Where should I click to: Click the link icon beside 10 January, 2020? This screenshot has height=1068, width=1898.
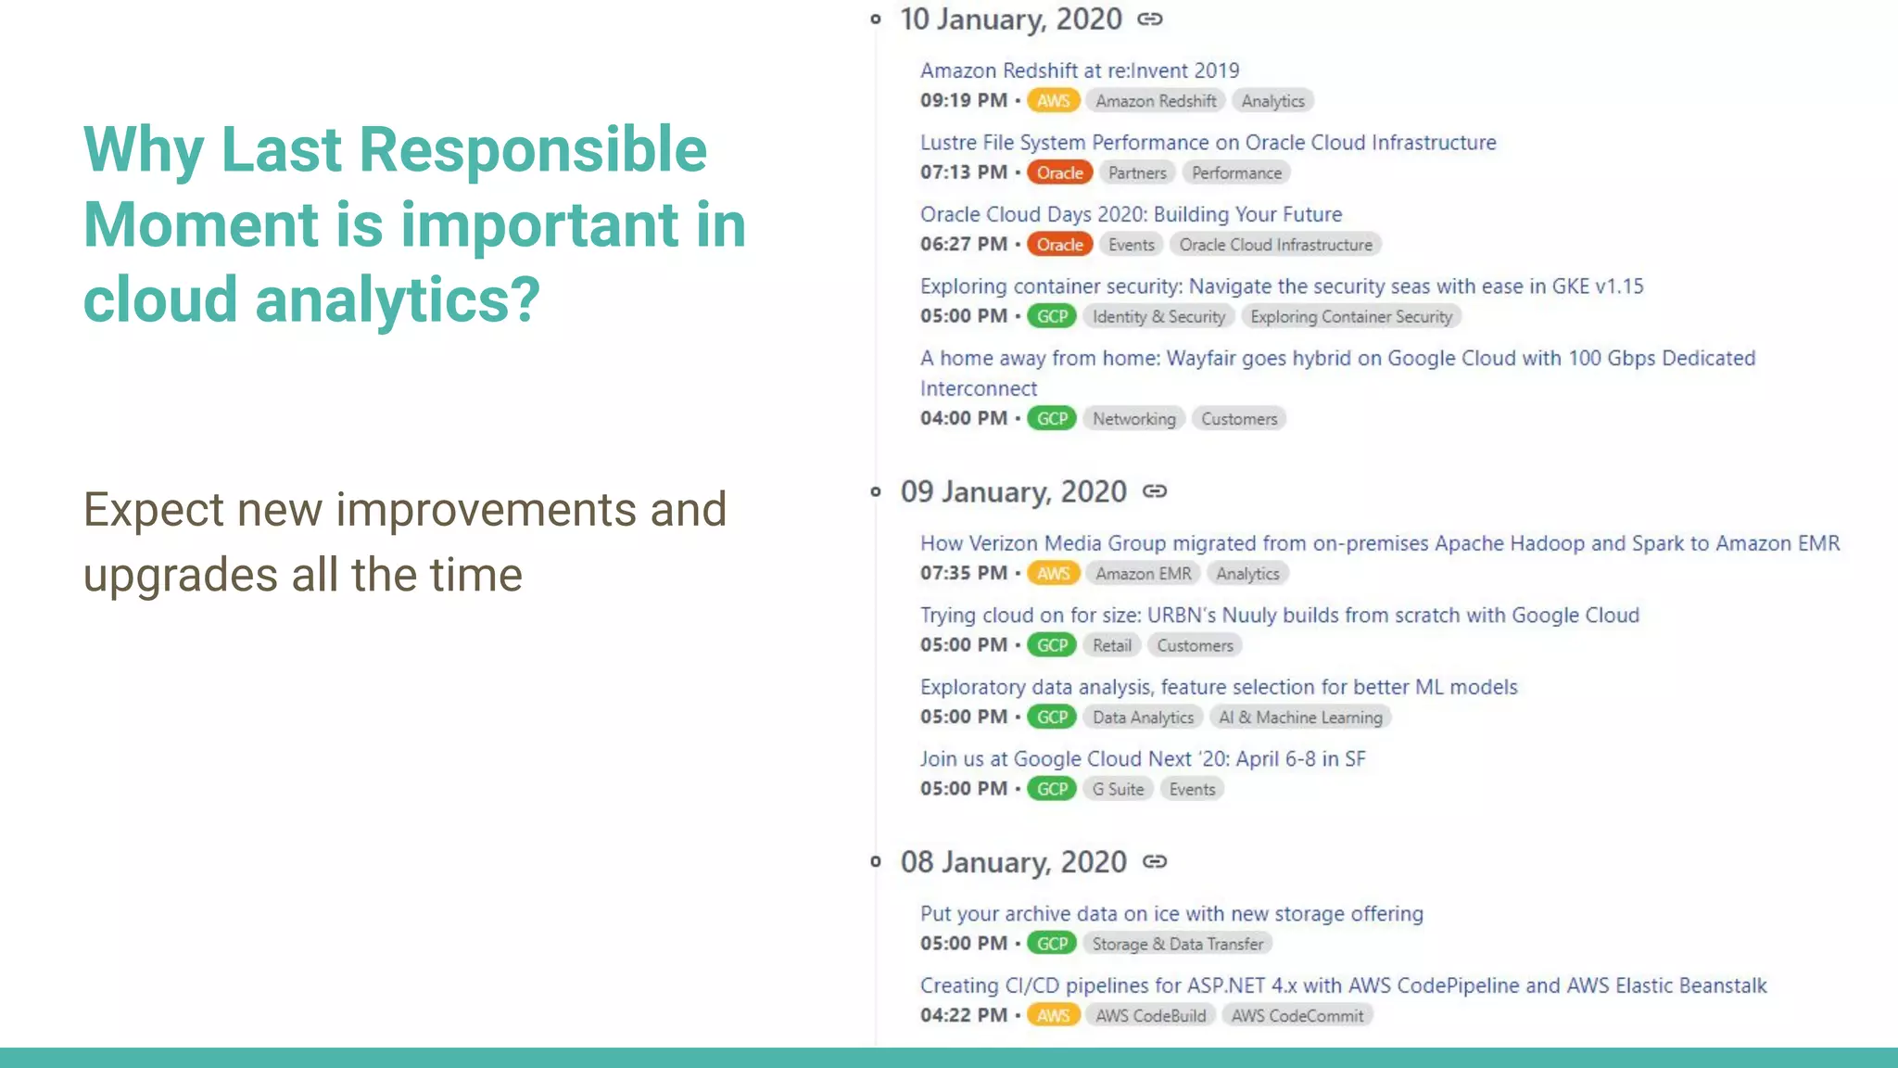[1150, 19]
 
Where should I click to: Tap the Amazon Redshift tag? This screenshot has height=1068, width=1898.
[1156, 101]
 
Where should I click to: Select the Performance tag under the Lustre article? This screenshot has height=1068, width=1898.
[1236, 173]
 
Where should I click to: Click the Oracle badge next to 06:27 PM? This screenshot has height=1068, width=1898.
[1059, 245]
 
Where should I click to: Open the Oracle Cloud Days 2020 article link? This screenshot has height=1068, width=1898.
[1131, 215]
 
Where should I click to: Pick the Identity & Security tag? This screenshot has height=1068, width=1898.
[1158, 317]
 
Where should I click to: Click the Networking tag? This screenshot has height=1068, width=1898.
[1133, 419]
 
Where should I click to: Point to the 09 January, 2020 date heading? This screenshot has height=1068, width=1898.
[1013, 492]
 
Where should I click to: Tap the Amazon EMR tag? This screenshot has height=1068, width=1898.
[1143, 574]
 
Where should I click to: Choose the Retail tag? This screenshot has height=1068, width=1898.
[1111, 646]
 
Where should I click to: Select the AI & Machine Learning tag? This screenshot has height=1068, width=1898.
[1300, 718]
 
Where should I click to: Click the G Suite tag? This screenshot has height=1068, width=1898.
[1118, 790]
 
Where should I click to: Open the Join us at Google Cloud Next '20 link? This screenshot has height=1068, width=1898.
[1142, 759]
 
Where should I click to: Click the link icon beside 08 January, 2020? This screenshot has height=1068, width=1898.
[1155, 862]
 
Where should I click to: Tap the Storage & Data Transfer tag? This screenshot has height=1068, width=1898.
[1177, 944]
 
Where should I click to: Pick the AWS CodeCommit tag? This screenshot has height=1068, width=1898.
[1297, 1016]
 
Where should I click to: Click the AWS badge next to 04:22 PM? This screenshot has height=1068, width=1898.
[1053, 1016]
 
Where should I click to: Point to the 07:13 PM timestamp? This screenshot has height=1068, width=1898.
[963, 172]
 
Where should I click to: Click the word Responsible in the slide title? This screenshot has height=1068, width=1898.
[532, 150]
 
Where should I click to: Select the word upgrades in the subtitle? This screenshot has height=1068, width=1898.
[180, 576]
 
